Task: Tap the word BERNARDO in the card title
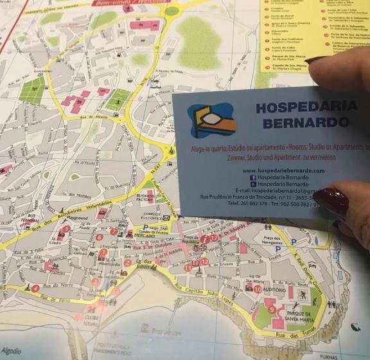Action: click(302, 122)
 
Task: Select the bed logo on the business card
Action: click(211, 122)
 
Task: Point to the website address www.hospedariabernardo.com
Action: click(283, 170)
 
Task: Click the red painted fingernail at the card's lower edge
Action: click(330, 201)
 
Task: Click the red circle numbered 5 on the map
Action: click(66, 228)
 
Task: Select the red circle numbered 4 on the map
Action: click(35, 288)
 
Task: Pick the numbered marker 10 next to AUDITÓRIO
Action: click(258, 289)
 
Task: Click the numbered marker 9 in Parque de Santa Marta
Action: click(272, 309)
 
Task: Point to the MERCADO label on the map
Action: click(146, 236)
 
